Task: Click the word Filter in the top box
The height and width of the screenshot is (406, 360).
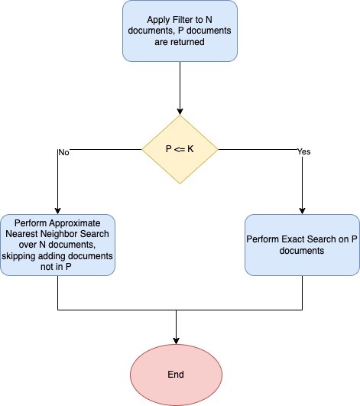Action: [x=184, y=20]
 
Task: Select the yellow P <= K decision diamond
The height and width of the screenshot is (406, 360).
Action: [x=180, y=149]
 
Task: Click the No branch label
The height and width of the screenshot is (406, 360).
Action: [x=64, y=152]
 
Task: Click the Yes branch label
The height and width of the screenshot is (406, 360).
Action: [x=304, y=151]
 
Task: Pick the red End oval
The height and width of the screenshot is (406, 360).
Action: [x=176, y=375]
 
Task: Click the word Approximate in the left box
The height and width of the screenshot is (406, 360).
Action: [x=75, y=223]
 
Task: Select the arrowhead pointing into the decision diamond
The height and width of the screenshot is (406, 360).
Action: [x=180, y=112]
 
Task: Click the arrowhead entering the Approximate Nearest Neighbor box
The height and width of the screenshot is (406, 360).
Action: [x=58, y=211]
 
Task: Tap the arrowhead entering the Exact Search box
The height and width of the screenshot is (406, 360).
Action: [x=302, y=211]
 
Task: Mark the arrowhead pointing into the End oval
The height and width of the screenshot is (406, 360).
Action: [x=176, y=341]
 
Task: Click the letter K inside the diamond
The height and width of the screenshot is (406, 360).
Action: [x=190, y=149]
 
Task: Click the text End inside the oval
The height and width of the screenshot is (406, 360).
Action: [x=176, y=375]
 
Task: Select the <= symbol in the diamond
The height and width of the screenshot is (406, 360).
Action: [x=180, y=149]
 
